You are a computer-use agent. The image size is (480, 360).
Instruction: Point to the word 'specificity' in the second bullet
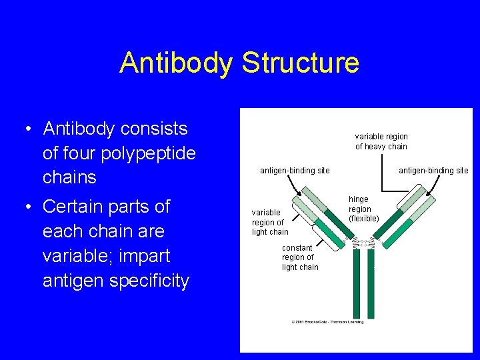click(150, 281)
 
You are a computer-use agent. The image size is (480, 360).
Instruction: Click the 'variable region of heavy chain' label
click(381, 141)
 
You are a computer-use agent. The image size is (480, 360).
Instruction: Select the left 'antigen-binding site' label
click(295, 171)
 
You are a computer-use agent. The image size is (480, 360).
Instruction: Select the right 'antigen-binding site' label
click(433, 171)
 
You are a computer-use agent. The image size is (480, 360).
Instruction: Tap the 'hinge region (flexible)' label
click(363, 209)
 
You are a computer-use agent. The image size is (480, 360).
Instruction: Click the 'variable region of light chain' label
click(270, 222)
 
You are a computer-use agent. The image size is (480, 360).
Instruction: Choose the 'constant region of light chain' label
click(300, 257)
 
